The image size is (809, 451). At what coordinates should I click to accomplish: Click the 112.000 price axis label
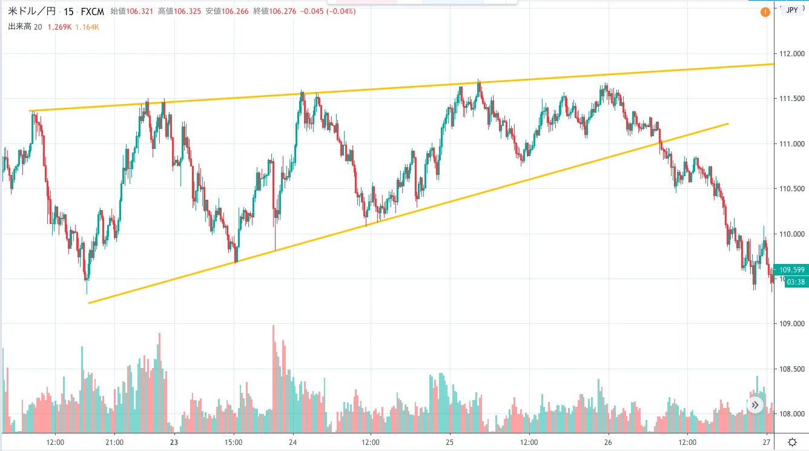pos(792,54)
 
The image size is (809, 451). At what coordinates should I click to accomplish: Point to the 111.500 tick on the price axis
pos(792,99)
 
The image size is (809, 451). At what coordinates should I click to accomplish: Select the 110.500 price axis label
pos(792,189)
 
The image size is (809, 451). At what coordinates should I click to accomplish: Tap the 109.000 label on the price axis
pos(792,324)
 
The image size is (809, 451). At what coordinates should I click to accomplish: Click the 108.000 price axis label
pos(792,414)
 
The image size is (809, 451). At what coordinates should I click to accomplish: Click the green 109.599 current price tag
pos(796,270)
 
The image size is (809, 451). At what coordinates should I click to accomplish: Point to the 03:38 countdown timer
pos(796,281)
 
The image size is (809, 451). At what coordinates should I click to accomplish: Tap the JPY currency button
pos(791,10)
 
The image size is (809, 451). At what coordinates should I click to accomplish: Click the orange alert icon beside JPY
pos(766,12)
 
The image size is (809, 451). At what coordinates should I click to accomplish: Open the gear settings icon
pos(792,441)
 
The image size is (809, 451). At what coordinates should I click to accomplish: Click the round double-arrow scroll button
pos(755,405)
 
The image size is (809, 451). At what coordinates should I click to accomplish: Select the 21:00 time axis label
pos(114,441)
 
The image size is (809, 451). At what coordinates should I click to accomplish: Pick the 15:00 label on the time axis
pos(234,441)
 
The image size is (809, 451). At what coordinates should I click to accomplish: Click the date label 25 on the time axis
pos(449,441)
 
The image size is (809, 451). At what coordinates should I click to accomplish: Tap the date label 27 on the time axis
pos(767,441)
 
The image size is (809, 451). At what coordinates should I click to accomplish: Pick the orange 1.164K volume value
pos(87,26)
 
